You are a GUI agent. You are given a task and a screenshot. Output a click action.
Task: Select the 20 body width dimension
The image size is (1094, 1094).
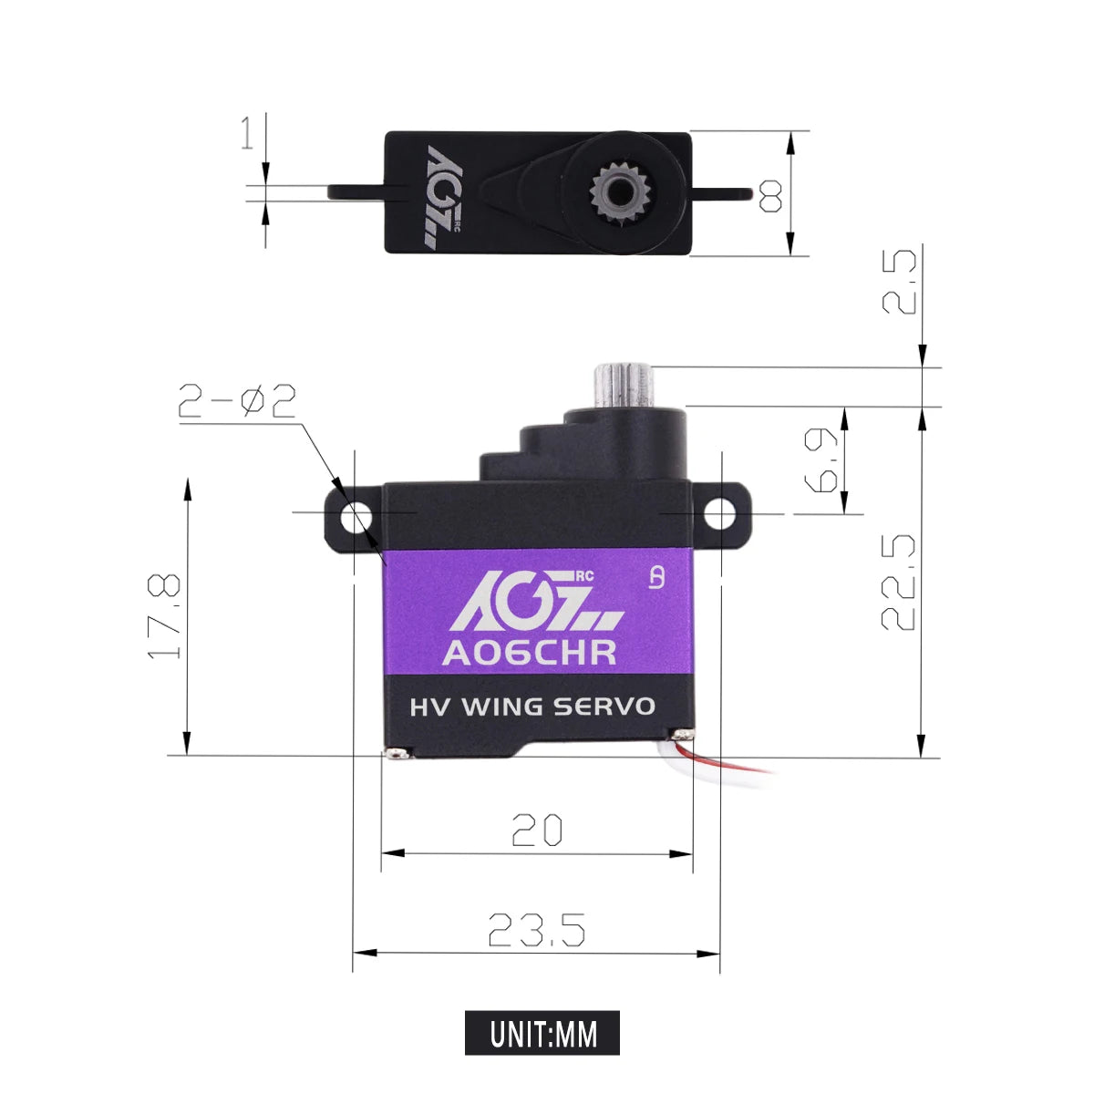[x=537, y=831]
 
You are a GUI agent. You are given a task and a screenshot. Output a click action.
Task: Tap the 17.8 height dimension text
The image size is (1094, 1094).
[x=165, y=616]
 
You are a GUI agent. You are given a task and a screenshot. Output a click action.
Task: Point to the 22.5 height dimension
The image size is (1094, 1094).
[x=899, y=583]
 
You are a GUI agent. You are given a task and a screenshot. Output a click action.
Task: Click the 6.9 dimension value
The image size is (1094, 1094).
[x=823, y=460]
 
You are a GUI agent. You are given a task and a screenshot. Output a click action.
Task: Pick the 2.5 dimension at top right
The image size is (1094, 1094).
[x=900, y=283]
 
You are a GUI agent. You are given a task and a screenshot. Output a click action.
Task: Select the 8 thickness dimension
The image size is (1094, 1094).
[x=770, y=195]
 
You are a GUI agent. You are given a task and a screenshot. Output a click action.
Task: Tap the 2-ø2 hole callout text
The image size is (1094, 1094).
[x=237, y=401]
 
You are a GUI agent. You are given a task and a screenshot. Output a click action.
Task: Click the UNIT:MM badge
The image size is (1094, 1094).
[x=542, y=1033]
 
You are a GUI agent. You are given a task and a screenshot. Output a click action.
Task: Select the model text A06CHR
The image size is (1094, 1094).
[x=529, y=653]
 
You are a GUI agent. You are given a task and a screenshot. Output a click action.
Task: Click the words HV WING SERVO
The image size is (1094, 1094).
[x=532, y=707]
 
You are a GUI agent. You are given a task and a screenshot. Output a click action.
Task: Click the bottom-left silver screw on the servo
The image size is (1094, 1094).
[x=395, y=753]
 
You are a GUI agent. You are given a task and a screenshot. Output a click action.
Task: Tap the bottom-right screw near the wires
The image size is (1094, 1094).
[x=679, y=735]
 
